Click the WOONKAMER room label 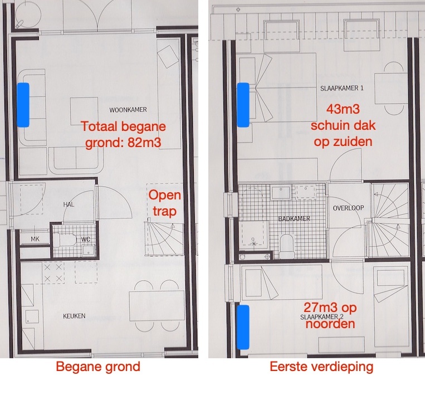tap(128, 110)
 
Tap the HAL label tap(69, 204)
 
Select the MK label tap(35, 239)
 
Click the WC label tap(86, 239)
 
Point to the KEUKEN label tap(74, 316)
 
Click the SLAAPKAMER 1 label tap(342, 88)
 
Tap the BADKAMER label tap(294, 218)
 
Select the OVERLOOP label tap(348, 208)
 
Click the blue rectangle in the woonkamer tap(23, 105)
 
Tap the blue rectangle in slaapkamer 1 tap(243, 105)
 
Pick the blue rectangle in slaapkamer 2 tap(243, 327)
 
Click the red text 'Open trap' tap(164, 203)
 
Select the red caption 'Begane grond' tap(98, 367)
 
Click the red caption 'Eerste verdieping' tap(321, 367)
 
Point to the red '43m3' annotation tap(343, 109)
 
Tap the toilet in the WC tap(65, 240)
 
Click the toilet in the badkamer tap(286, 246)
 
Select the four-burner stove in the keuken tap(53, 272)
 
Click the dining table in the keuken tap(157, 306)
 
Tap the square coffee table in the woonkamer tap(84, 111)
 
